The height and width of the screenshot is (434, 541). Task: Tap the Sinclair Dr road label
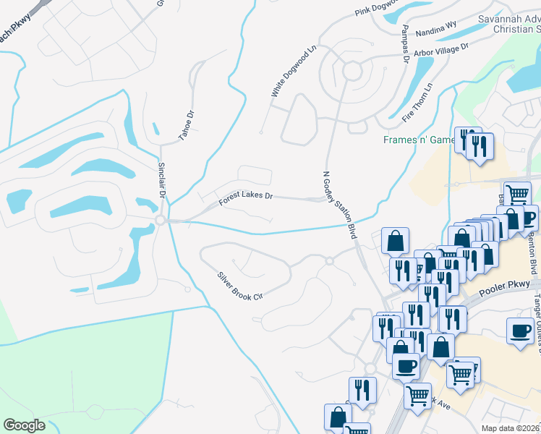coord(163,180)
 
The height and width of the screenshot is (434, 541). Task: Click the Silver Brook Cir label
coord(239,286)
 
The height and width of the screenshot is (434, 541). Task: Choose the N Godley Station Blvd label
coord(341,205)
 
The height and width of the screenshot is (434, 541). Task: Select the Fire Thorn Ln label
coord(417,101)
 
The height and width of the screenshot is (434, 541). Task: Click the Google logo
coord(24,425)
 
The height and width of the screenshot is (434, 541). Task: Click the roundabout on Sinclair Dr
coord(160,220)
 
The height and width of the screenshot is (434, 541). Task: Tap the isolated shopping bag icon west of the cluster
coord(395,241)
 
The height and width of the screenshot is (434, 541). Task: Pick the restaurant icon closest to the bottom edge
coord(362,391)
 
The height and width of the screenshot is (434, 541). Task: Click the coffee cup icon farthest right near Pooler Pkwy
coord(520,331)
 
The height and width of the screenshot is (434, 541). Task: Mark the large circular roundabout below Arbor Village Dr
coord(352,71)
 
